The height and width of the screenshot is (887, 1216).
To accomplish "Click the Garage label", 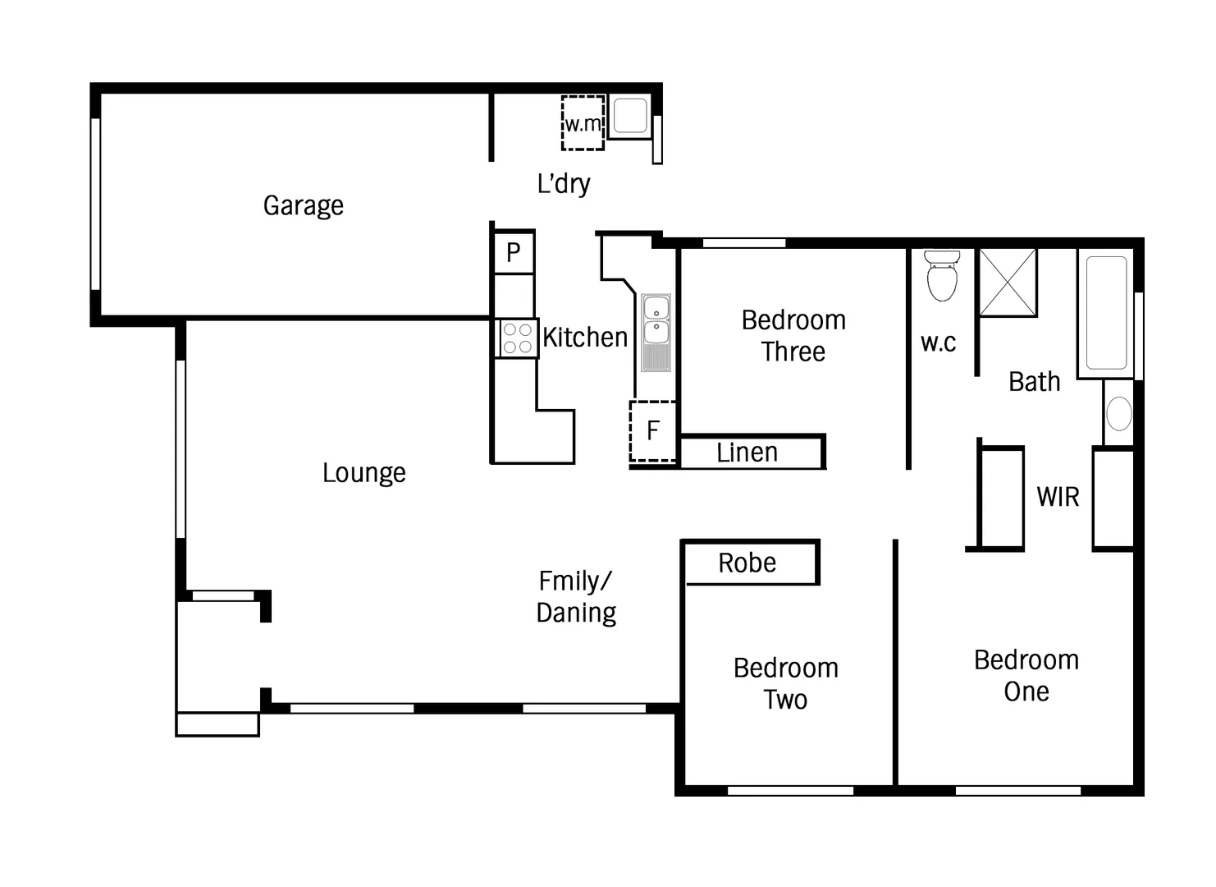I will coord(303,205).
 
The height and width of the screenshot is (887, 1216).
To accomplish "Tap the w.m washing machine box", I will coord(583,123).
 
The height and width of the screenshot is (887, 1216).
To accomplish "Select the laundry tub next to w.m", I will coord(630,116).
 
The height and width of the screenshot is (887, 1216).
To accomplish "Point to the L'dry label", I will coord(563,183).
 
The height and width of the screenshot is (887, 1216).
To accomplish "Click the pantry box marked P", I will coord(514,252).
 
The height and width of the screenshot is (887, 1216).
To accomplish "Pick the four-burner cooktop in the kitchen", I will coord(517,338).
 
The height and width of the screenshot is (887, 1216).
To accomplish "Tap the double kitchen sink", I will coord(656,320).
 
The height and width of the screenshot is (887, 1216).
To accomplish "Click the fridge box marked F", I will coord(653,430).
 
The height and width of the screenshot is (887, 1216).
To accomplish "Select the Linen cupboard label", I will coord(747,453).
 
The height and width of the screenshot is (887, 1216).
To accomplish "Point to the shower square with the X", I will coord(1008,282).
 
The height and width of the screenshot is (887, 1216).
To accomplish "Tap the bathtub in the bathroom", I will coord(1106,312).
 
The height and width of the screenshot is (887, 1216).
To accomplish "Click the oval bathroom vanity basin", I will coord(1118,413).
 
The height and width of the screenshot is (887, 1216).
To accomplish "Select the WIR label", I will coord(1058,497).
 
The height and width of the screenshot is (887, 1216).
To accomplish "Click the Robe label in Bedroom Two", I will coord(747,563).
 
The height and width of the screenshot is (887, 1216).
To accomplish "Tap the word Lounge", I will coord(363,473).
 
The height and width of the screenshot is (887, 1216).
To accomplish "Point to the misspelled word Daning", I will coord(576,613).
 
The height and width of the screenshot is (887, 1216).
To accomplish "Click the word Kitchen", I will coord(584,338).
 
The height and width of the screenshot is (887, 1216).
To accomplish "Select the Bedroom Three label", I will coord(793,335).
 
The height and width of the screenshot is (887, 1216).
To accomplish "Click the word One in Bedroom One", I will coord(1026,692).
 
